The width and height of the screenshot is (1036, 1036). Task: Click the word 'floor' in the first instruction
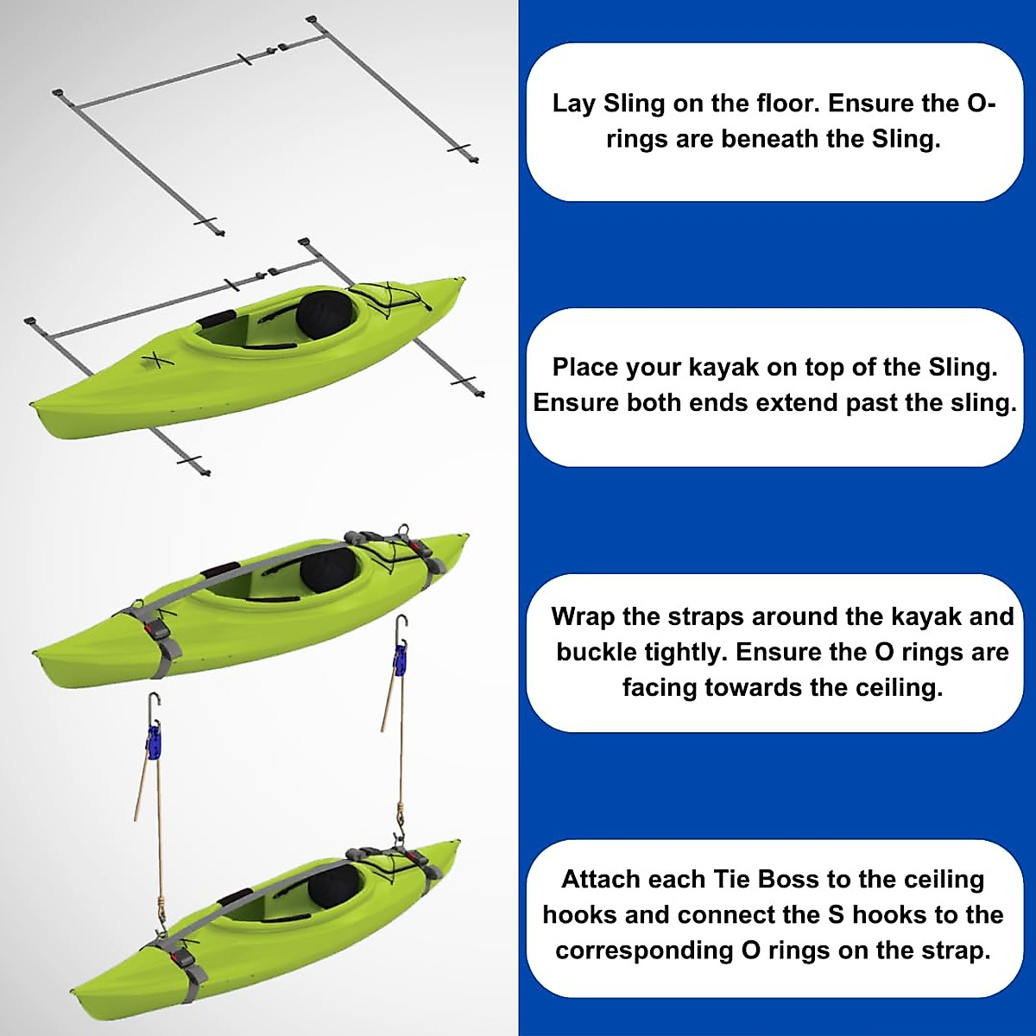click(786, 104)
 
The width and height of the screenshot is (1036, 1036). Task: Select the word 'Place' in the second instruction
click(584, 368)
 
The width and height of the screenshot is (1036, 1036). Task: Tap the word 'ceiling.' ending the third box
click(898, 688)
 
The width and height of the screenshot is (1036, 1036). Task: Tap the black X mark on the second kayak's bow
click(155, 358)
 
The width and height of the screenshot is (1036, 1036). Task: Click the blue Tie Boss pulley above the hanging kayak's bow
click(154, 742)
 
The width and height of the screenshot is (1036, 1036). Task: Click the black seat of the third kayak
click(327, 570)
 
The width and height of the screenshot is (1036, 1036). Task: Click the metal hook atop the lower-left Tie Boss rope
click(153, 704)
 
